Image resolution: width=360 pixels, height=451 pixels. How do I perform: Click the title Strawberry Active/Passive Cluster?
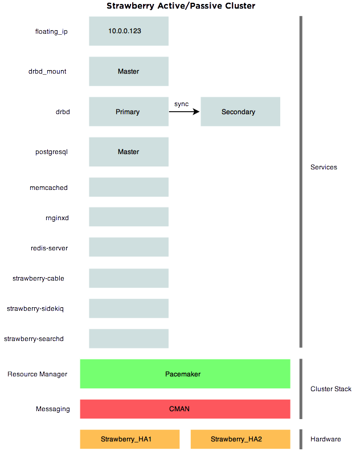click(181, 6)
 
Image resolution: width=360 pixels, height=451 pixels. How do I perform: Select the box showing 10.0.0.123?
click(128, 31)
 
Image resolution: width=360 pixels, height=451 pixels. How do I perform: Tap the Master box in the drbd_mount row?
click(128, 71)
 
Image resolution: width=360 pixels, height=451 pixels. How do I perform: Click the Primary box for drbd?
click(128, 112)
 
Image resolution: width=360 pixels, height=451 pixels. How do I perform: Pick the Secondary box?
click(240, 112)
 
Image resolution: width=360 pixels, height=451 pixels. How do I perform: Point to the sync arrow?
click(185, 112)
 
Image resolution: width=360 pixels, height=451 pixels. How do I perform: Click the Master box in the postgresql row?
click(128, 152)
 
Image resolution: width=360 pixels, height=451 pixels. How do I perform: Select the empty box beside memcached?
click(128, 187)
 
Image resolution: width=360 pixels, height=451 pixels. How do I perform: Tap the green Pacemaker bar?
click(185, 374)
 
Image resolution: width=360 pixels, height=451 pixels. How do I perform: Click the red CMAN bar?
click(185, 409)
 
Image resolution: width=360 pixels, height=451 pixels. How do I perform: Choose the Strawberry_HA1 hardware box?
click(129, 439)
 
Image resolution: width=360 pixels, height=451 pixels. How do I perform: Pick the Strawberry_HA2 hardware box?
click(240, 439)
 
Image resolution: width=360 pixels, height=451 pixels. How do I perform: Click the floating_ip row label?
click(51, 31)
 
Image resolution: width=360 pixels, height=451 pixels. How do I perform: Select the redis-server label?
click(50, 248)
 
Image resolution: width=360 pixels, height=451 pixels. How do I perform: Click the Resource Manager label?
click(38, 374)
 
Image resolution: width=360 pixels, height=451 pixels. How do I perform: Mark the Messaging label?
click(53, 409)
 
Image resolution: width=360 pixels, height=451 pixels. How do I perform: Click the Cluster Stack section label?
click(331, 389)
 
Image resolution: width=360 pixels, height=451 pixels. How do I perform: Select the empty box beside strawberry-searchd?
click(128, 338)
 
